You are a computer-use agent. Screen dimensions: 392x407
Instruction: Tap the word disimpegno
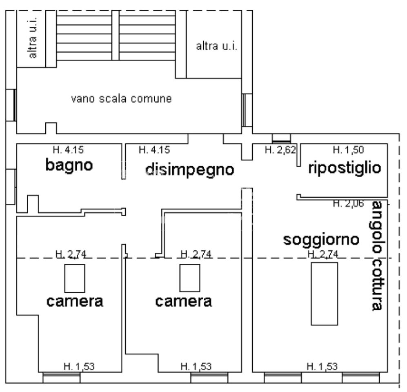point(190,169)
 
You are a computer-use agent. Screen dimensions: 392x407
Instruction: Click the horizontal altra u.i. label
point(217,46)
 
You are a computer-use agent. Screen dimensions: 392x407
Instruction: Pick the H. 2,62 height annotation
point(280,150)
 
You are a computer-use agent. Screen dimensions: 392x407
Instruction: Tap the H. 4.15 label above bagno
point(68,150)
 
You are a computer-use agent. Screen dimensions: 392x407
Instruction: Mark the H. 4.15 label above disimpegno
point(154,150)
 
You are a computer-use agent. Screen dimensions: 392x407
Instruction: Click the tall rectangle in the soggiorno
point(325,294)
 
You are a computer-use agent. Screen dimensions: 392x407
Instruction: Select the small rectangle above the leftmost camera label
point(75,278)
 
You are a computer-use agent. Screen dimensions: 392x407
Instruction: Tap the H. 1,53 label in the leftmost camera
point(79,366)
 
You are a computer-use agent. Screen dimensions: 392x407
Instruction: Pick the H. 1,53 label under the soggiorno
point(322,366)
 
